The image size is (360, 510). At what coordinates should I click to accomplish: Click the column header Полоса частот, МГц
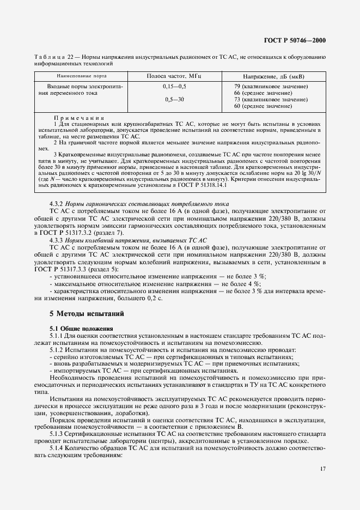174,77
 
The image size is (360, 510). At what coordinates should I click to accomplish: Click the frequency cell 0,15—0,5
174,87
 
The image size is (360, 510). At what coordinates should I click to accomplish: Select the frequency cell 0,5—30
174,100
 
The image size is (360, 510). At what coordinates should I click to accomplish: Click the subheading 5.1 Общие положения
81,329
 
